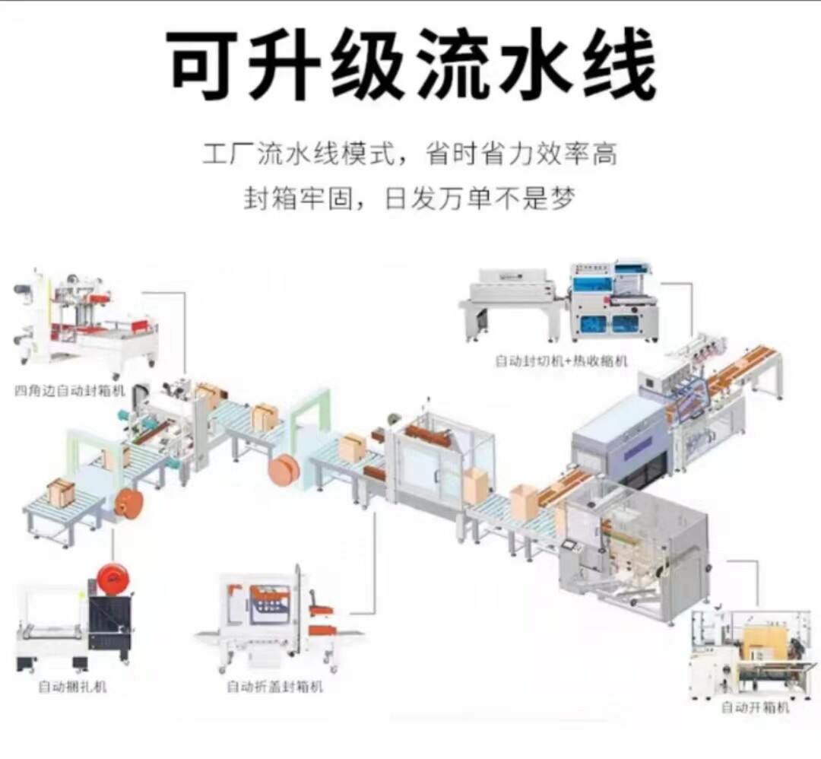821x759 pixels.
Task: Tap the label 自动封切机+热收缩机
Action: pos(561,360)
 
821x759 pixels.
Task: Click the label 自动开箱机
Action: pos(755,707)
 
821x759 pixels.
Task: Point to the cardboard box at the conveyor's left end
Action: pos(61,491)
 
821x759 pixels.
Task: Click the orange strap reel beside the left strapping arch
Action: pos(127,505)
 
